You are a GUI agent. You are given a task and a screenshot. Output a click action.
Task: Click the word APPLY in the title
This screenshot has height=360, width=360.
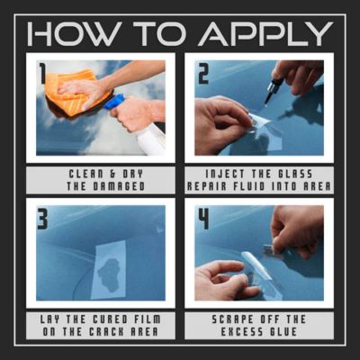(265, 33)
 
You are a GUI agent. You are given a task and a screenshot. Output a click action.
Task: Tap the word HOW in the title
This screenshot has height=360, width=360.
(75, 33)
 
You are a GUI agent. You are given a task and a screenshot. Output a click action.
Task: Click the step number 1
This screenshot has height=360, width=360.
(42, 72)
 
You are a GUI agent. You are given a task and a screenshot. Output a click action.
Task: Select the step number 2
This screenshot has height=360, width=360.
(203, 72)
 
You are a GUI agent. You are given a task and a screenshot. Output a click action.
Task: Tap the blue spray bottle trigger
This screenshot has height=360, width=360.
(114, 102)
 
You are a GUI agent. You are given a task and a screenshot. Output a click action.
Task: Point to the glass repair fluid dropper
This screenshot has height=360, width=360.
(272, 90)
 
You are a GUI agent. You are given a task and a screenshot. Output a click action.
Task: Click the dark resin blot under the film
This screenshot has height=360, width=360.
(109, 275)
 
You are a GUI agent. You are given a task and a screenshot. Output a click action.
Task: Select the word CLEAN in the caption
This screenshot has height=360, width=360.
(86, 174)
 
